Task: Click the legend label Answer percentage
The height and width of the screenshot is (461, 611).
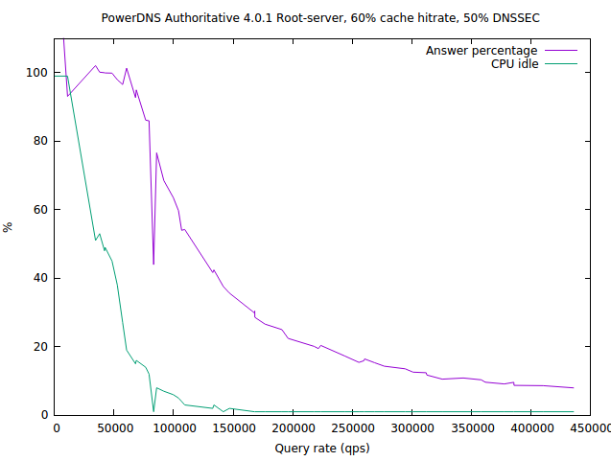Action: [x=481, y=50]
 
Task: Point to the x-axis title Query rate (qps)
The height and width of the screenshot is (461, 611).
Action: [x=321, y=448]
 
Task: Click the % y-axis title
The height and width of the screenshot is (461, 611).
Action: [x=8, y=227]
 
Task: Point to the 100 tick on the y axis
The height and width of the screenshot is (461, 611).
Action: [x=37, y=73]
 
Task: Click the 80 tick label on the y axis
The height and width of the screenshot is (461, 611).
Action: [x=40, y=141]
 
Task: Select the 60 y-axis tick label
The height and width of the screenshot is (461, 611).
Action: [x=40, y=210]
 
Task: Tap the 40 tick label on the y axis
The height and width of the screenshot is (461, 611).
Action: [x=40, y=278]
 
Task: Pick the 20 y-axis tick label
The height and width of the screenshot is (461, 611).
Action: [x=40, y=347]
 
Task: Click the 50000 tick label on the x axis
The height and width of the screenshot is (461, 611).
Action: [x=114, y=428]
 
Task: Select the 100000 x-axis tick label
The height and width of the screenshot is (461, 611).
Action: [x=174, y=428]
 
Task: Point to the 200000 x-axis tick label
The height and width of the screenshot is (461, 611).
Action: [x=293, y=428]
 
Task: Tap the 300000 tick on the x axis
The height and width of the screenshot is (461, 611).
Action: [x=411, y=428]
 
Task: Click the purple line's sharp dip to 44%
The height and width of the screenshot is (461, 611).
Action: [x=153, y=264]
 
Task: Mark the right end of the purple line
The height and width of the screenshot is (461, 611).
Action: [x=574, y=388]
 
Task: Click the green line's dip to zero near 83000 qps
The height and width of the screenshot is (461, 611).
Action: [x=153, y=412]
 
